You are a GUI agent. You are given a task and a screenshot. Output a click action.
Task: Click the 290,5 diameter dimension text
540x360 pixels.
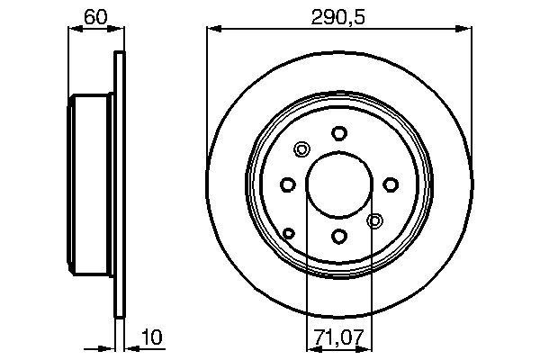338,15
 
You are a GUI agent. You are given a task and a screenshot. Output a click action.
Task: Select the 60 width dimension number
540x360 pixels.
93,15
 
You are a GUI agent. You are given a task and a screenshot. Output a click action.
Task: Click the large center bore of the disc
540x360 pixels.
338,184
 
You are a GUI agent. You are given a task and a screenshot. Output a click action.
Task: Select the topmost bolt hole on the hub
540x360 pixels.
338,132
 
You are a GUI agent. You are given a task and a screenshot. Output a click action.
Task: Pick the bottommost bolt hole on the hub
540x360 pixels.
338,236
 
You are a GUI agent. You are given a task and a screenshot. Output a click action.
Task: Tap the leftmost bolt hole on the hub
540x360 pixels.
287,184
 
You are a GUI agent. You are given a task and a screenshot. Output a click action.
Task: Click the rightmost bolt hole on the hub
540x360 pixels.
391,184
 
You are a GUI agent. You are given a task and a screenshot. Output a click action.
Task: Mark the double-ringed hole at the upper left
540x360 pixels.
301,149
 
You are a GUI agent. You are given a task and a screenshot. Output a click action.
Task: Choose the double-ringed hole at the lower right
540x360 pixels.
375,220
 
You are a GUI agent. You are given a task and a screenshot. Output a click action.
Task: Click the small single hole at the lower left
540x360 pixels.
289,234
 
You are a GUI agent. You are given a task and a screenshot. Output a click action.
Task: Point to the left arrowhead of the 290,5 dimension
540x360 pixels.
212,30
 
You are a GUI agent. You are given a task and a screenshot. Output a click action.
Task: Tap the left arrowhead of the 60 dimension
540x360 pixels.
74,30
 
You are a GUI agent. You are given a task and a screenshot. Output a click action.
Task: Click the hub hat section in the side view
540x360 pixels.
90,184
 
